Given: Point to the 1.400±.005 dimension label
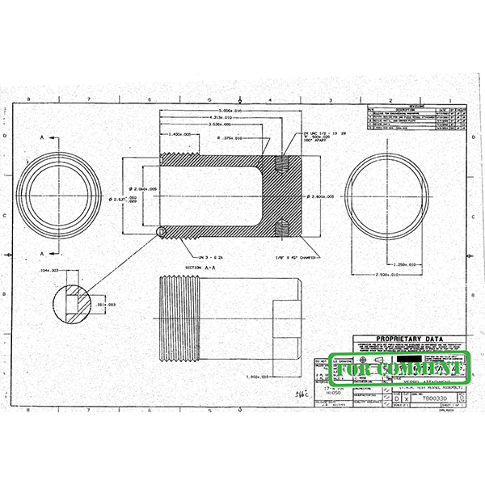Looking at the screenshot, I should tap(177, 134).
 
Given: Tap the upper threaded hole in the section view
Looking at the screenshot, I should tap(282, 165).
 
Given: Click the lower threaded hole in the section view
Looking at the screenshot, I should tap(282, 228).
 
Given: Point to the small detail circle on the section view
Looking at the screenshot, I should tap(161, 233).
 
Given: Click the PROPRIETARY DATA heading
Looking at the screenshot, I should tap(409, 340).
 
